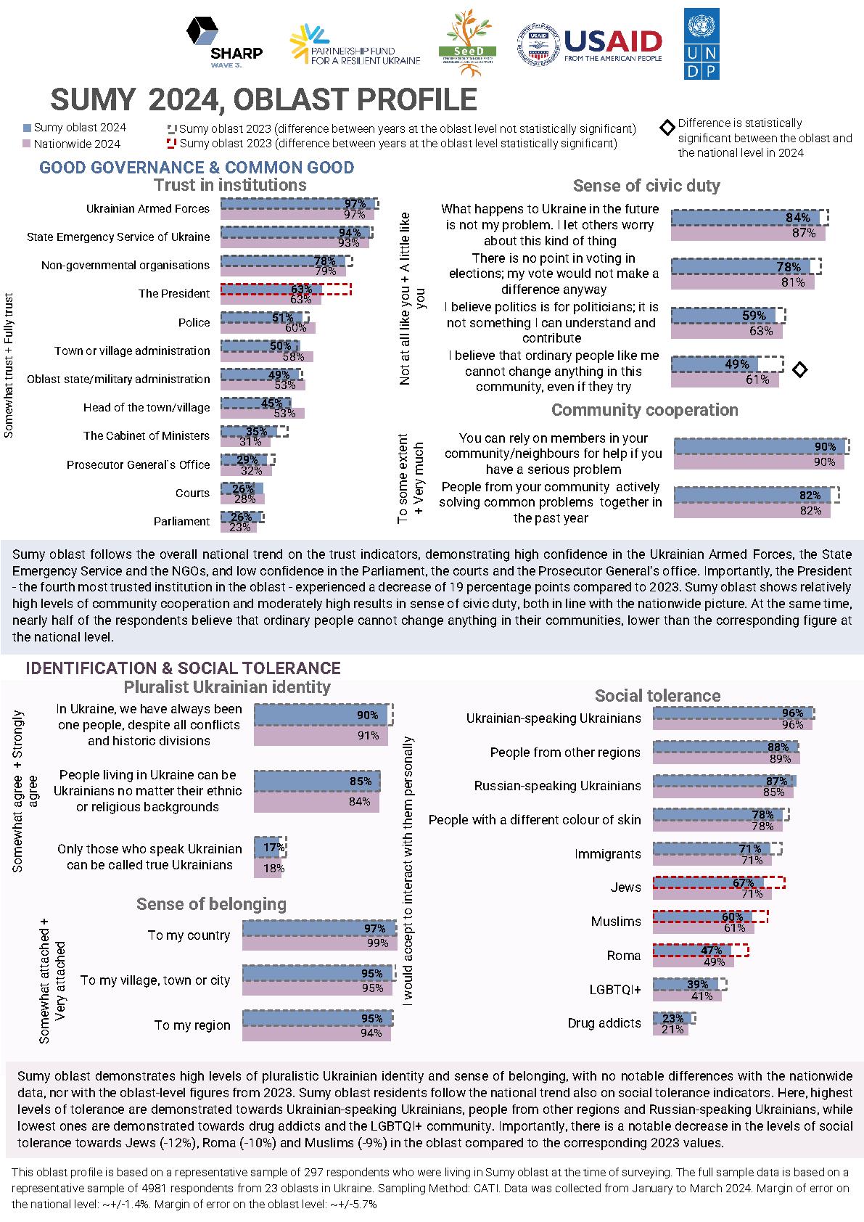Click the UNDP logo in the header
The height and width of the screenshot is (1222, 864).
(x=702, y=44)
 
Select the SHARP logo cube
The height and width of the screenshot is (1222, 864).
(x=202, y=31)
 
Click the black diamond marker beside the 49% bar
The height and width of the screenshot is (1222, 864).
(x=799, y=370)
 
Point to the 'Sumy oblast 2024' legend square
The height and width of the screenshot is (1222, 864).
(x=28, y=128)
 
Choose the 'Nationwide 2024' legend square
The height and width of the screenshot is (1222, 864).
(x=28, y=144)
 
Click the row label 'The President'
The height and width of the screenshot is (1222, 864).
(x=174, y=294)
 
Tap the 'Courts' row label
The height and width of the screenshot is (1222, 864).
(x=192, y=493)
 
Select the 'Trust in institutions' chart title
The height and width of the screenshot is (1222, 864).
(x=230, y=185)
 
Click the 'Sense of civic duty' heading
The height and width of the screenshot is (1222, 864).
(x=646, y=186)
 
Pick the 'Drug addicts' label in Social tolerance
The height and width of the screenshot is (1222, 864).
(x=604, y=1023)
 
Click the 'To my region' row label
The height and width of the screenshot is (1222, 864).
(x=192, y=1025)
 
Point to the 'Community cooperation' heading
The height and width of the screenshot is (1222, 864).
(x=644, y=410)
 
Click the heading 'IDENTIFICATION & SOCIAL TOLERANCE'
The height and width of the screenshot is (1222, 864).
(x=183, y=668)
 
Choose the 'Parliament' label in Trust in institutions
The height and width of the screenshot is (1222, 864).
(x=181, y=522)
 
